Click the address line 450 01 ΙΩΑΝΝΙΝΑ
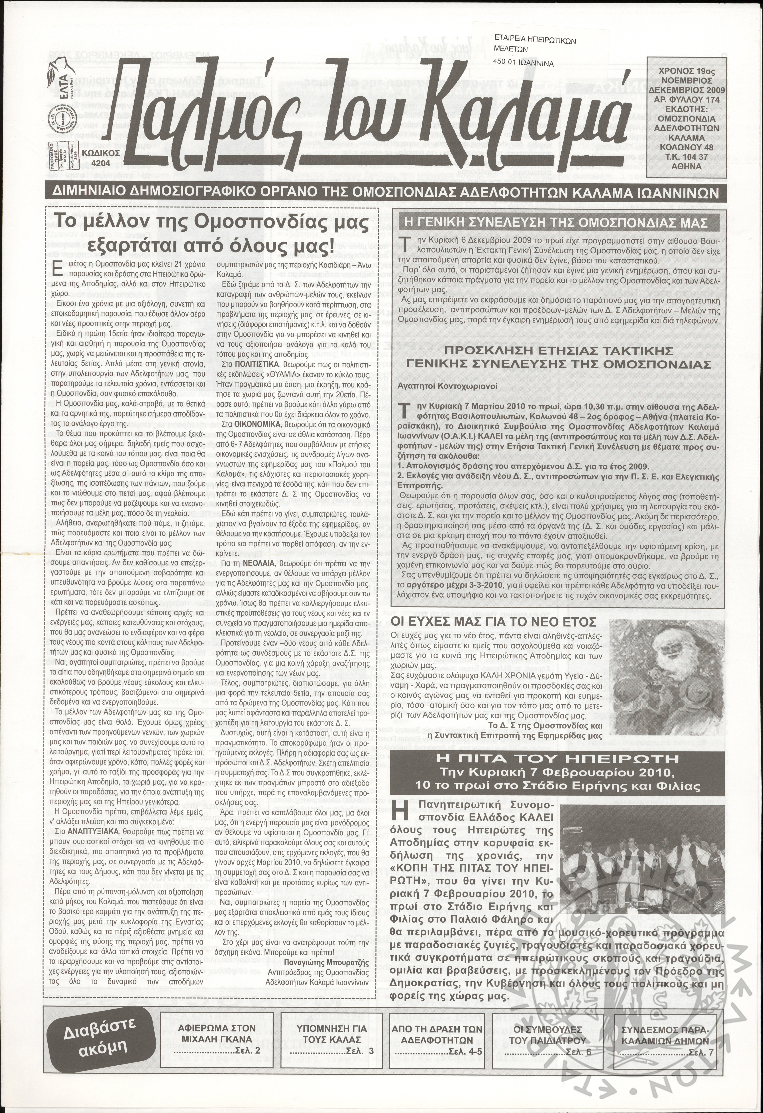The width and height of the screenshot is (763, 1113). pyautogui.click(x=523, y=63)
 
